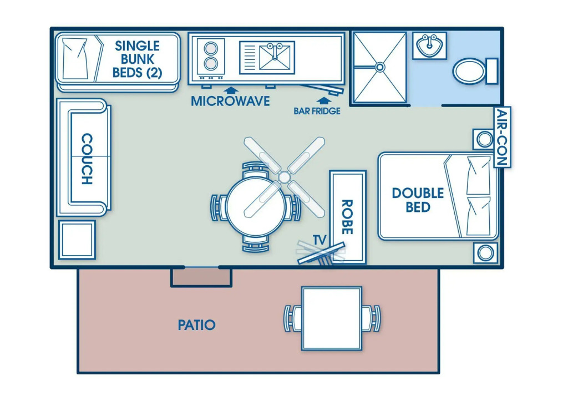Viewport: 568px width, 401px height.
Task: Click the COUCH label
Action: (x=87, y=159)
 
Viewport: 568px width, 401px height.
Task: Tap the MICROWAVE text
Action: (x=230, y=101)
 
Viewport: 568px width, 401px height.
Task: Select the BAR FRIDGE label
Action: (x=317, y=111)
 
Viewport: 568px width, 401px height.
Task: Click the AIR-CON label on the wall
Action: (x=502, y=137)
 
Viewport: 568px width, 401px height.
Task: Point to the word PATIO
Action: (x=196, y=325)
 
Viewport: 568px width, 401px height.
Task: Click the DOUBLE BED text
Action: (x=418, y=200)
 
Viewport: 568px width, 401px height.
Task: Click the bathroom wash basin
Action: (x=429, y=45)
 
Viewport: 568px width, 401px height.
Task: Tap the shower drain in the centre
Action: (x=380, y=67)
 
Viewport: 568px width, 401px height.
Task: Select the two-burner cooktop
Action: (x=211, y=56)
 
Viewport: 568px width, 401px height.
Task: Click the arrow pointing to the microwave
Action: (x=230, y=89)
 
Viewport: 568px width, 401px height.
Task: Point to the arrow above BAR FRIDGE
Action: (x=322, y=100)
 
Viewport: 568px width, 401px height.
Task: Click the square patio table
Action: (x=332, y=318)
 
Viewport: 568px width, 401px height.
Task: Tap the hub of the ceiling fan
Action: (x=284, y=177)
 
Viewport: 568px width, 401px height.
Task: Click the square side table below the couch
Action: (x=77, y=240)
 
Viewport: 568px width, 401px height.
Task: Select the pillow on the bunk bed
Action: (x=77, y=58)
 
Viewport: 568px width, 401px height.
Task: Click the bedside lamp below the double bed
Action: (x=485, y=253)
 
